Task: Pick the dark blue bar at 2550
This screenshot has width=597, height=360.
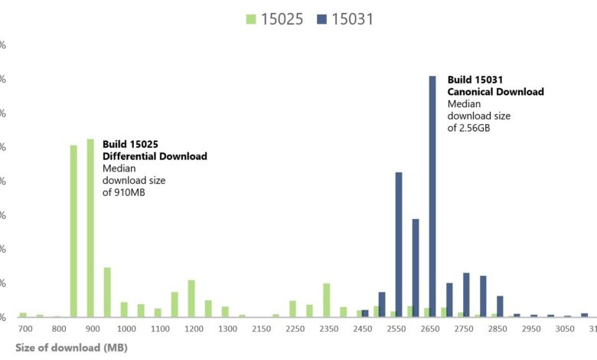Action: (x=399, y=244)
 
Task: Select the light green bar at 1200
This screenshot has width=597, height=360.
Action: (x=191, y=299)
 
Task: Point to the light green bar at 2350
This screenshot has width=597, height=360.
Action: (x=327, y=300)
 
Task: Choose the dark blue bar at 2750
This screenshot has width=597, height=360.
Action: (x=466, y=295)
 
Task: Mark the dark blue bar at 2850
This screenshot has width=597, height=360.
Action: (x=500, y=306)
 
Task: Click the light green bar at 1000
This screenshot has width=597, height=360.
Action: (x=124, y=309)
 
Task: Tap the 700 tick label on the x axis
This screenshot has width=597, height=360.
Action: (x=25, y=329)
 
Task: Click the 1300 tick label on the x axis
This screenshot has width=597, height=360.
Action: (x=228, y=329)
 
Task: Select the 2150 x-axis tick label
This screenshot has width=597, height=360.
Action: (x=262, y=329)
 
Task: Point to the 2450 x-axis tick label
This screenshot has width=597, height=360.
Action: (x=363, y=329)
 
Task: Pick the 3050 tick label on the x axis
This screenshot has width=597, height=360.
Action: (x=565, y=329)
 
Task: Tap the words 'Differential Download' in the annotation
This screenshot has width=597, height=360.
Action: (x=155, y=156)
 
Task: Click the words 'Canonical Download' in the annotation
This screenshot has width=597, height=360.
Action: (x=495, y=92)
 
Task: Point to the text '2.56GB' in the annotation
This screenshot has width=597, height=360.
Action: (x=475, y=129)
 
